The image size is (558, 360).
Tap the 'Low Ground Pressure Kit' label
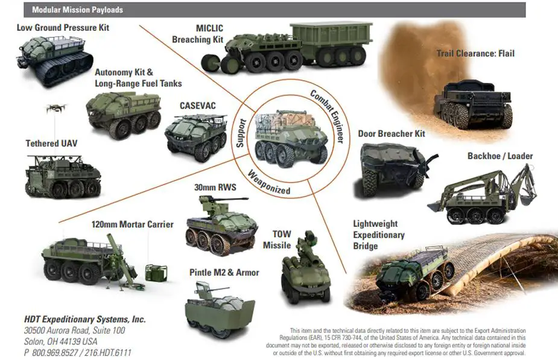(63, 28)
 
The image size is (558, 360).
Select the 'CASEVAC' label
(197, 106)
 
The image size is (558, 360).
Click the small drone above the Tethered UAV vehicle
(55, 109)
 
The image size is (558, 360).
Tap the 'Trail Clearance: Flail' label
(475, 54)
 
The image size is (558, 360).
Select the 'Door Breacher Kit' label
(391, 133)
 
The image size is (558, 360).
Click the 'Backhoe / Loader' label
(500, 156)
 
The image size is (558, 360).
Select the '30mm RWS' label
(215, 188)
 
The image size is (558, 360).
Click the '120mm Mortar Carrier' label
(132, 224)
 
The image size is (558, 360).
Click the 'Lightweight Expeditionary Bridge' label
(379, 235)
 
